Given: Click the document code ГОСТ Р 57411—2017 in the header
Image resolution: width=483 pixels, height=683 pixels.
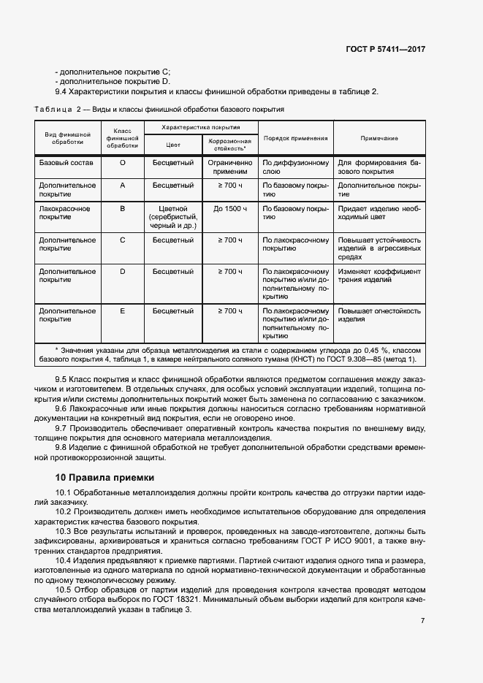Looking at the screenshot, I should coord(384,48).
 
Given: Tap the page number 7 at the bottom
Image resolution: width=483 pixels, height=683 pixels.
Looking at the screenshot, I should coord(422,620).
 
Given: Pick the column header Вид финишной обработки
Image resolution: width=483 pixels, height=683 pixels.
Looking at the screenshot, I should coord(67,138).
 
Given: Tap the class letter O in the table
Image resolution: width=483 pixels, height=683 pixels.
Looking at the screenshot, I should coord(122,162).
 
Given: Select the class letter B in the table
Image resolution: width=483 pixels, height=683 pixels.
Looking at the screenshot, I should coord(122,208).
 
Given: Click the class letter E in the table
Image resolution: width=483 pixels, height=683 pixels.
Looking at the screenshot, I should coord(122,310).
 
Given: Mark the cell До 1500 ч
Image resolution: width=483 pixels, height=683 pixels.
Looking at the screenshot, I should coord(229,208).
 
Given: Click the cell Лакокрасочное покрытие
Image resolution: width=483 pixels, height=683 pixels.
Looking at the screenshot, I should coord(66,213).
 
